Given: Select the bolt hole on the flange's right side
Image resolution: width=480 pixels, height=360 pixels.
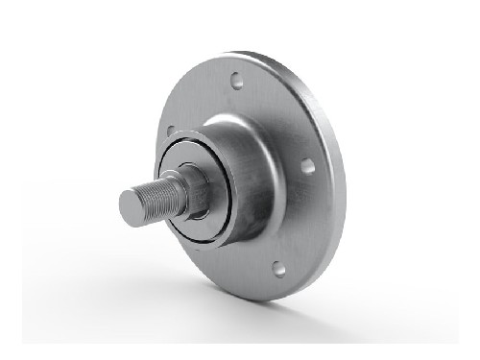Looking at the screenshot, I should pyautogui.click(x=307, y=166).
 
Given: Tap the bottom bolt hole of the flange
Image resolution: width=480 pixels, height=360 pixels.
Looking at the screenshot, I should pyautogui.click(x=278, y=269).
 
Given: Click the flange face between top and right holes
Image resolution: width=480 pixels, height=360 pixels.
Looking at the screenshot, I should pyautogui.click(x=283, y=115).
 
